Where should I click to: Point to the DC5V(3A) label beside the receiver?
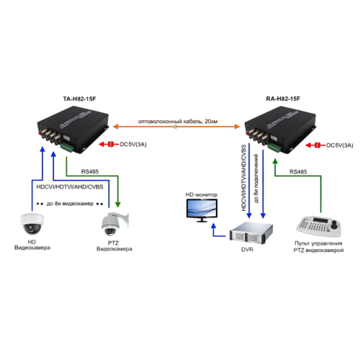coord(338,145)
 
